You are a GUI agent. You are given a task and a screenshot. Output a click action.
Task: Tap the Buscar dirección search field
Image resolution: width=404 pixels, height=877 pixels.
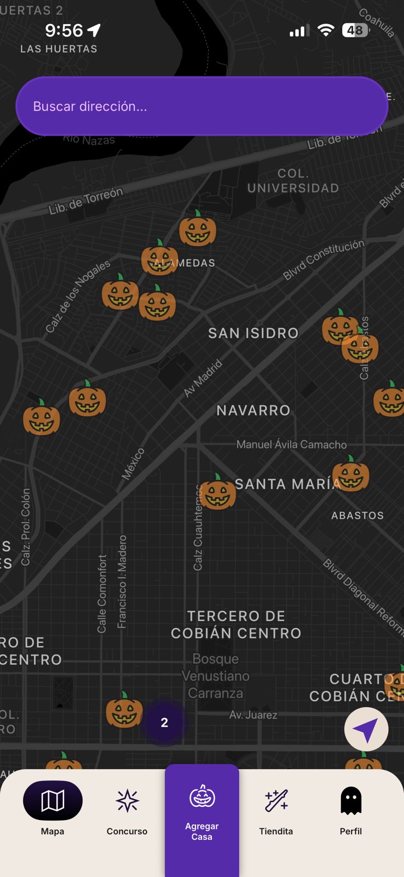tap(201, 106)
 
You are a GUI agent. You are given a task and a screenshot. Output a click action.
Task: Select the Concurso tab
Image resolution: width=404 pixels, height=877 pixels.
tap(127, 808)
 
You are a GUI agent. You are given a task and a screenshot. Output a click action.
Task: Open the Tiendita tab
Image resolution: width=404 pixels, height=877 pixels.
tap(276, 808)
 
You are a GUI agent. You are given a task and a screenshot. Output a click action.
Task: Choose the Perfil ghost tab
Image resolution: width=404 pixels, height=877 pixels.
tap(351, 808)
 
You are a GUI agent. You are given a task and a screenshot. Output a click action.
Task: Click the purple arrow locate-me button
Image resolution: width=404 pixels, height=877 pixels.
tap(366, 730)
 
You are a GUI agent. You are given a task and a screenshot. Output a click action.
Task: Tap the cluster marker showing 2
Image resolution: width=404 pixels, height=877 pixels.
tap(164, 722)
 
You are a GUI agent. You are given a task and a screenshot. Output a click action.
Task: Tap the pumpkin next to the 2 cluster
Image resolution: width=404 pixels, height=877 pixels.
tap(124, 710)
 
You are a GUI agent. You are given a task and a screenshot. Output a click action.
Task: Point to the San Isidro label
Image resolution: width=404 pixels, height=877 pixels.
tap(253, 333)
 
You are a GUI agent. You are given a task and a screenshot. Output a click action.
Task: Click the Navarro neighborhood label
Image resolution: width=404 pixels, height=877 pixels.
tap(253, 410)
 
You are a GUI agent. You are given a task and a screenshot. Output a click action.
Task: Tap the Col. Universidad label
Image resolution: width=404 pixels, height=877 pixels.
tap(293, 181)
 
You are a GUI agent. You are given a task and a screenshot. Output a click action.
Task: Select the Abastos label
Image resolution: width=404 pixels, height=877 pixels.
tap(357, 515)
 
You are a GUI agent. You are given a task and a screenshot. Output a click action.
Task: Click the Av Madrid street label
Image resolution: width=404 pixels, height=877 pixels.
tap(203, 378)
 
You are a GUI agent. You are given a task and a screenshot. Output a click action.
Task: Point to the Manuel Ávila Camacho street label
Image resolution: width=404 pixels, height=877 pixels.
tap(291, 445)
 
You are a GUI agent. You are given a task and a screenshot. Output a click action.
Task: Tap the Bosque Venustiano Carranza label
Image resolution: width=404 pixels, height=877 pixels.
tap(216, 676)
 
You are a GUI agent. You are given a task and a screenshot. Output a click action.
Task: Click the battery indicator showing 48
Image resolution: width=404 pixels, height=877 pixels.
tap(355, 30)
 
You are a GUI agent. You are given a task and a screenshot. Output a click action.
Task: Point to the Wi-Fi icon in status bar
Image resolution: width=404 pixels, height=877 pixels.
tap(326, 30)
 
